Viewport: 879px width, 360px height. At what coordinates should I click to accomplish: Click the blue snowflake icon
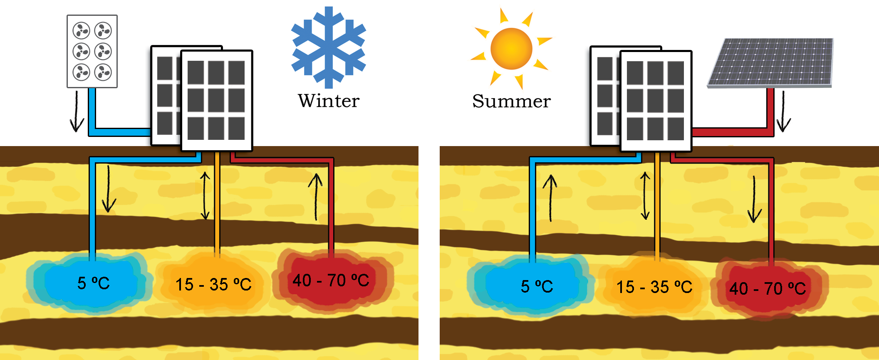click(x=329, y=47)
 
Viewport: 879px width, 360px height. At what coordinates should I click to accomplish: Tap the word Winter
click(x=329, y=101)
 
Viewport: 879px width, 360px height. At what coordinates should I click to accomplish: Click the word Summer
click(x=511, y=101)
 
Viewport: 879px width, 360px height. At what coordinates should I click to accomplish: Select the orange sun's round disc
click(x=511, y=49)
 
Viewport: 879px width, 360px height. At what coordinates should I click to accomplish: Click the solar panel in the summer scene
click(x=771, y=63)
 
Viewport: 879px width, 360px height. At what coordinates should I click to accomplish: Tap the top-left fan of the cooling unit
click(x=81, y=30)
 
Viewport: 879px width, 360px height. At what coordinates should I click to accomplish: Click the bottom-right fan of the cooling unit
click(x=103, y=72)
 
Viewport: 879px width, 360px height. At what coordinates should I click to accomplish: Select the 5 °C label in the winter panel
click(x=94, y=283)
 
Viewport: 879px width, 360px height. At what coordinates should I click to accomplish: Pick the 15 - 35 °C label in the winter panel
click(x=213, y=285)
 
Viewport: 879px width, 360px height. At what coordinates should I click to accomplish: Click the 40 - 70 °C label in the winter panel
click(x=331, y=281)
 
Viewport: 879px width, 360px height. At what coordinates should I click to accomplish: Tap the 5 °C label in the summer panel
click(x=537, y=286)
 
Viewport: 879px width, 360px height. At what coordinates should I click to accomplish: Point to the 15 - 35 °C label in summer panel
click(x=654, y=287)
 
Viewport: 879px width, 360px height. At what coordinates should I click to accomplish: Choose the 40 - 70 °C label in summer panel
click(x=768, y=288)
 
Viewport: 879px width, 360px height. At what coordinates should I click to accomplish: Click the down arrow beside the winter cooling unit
click(x=77, y=112)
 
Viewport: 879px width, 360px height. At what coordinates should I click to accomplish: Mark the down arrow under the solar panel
click(x=783, y=112)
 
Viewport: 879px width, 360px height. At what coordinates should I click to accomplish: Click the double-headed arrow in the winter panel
click(x=205, y=196)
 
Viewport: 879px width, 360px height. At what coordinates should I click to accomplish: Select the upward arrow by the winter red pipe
click(x=316, y=197)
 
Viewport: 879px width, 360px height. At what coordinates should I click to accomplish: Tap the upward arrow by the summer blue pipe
click(x=550, y=198)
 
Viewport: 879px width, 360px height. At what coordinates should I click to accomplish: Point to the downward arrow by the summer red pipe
click(x=755, y=199)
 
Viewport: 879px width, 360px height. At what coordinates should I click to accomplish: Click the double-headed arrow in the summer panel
click(x=645, y=196)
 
